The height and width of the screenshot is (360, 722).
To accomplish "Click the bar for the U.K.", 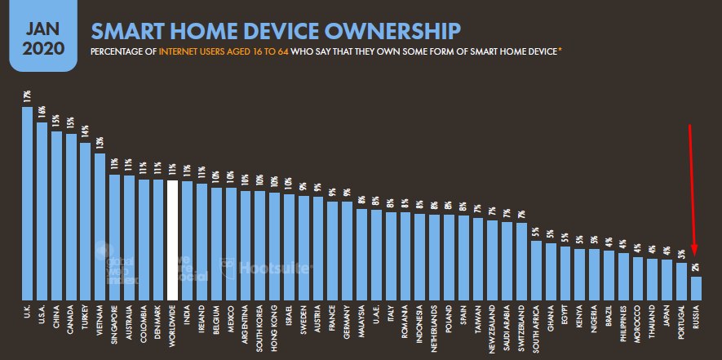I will [28, 204].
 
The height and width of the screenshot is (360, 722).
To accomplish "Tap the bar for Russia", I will [696, 288].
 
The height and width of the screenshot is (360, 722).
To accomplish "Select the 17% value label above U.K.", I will [28, 97].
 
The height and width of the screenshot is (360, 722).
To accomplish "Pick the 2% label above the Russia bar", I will [696, 267].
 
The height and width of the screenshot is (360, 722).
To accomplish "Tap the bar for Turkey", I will [86, 221].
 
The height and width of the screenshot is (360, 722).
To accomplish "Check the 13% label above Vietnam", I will [100, 142].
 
